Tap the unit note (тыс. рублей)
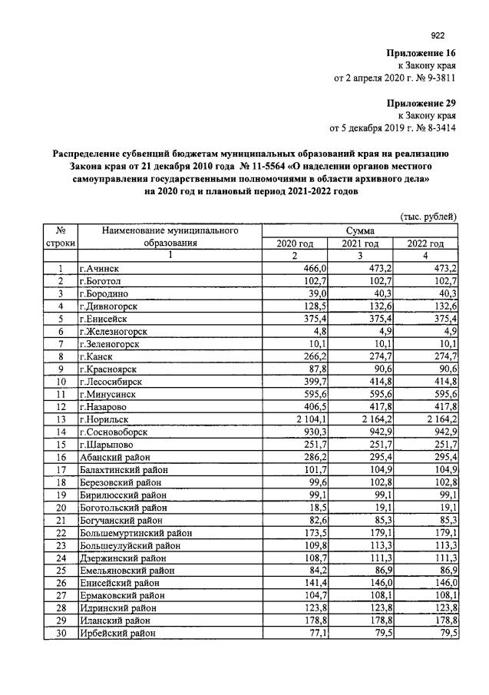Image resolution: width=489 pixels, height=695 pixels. [x=428, y=217]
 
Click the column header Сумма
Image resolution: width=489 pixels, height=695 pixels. [x=359, y=230]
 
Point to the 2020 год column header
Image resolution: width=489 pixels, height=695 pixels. [x=295, y=243]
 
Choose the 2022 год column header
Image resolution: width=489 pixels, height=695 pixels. [x=425, y=243]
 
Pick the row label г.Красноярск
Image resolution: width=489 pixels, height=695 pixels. [x=108, y=369]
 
